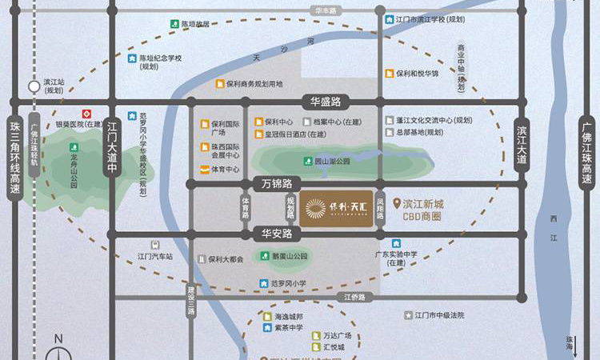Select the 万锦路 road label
pyautogui.click(x=272, y=184)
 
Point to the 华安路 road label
pyautogui.click(x=276, y=234)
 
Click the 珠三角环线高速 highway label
pyautogui.click(x=14, y=152)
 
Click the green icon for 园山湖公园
pyautogui.click(x=307, y=161)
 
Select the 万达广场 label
pyautogui.click(x=337, y=335)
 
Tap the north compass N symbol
pyautogui.click(x=58, y=339)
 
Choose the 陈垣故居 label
pyautogui.click(x=195, y=24)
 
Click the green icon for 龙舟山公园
pyautogui.click(x=74, y=148)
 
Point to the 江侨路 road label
pyautogui.click(x=354, y=297)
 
